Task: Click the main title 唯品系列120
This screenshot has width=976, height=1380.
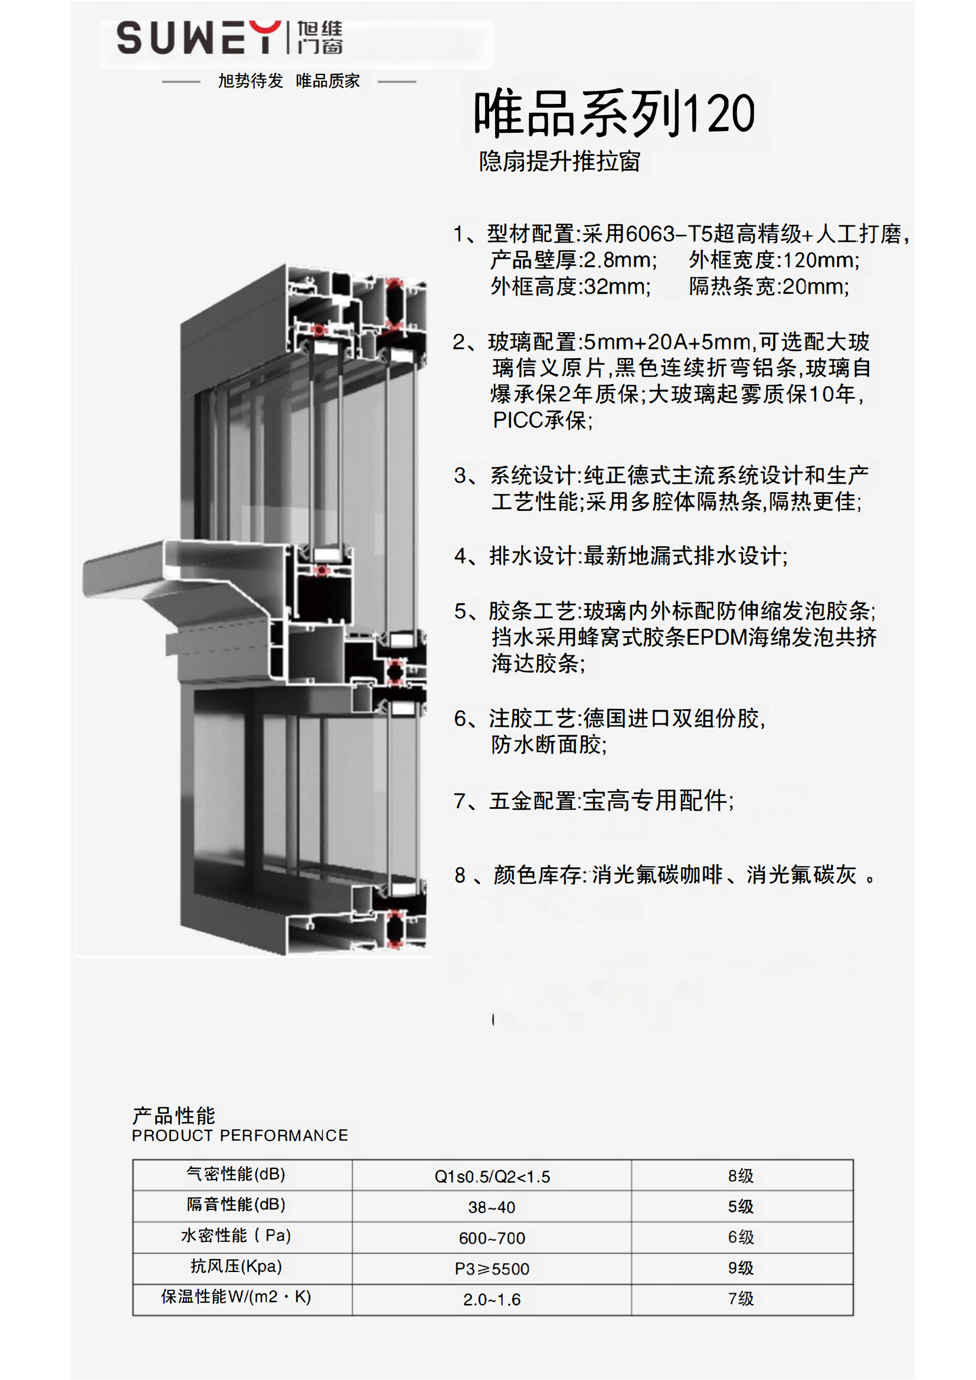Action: click(x=614, y=113)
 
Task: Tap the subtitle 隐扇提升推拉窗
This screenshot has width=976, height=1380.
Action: click(x=559, y=161)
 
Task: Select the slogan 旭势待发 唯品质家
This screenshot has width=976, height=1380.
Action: click(x=289, y=81)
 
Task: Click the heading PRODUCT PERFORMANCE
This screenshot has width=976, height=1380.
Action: click(x=240, y=1135)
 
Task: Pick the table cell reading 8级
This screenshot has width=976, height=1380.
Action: click(x=741, y=1176)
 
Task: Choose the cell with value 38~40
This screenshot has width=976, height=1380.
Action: click(x=492, y=1207)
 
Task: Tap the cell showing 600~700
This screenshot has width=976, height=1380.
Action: click(x=492, y=1238)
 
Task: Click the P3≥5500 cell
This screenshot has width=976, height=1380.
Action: click(x=492, y=1269)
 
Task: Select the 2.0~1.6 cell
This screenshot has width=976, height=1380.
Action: click(x=492, y=1299)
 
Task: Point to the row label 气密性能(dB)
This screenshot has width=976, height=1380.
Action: click(x=235, y=1174)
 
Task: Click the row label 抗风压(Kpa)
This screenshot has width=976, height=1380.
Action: click(x=235, y=1266)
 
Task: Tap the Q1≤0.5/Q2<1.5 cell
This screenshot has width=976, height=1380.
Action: click(x=492, y=1176)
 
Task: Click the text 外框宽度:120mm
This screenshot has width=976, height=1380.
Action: click(x=774, y=260)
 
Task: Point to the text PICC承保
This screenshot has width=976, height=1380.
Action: click(x=543, y=420)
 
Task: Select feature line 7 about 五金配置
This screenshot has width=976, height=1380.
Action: click(x=594, y=801)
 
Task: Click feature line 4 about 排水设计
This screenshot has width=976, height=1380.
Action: click(x=621, y=556)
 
